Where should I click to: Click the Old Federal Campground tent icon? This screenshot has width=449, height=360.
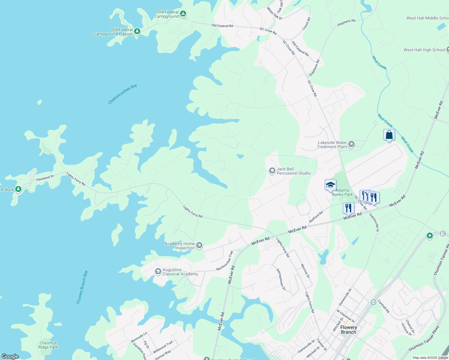click(183, 14)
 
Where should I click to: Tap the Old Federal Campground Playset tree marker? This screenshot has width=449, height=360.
click(137, 31)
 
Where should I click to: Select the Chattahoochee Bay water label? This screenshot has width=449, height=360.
click(122, 94)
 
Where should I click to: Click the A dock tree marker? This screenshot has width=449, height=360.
click(18, 189)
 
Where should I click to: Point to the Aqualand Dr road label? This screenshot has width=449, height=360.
click(45, 178)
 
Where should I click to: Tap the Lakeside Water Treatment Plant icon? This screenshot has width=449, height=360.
click(351, 145)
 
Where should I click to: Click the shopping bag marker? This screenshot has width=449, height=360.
click(389, 135)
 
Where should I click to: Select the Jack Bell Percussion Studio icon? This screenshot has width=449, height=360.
click(272, 171)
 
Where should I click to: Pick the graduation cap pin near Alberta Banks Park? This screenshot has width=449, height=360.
click(330, 185)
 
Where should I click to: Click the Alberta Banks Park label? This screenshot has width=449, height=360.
click(342, 192)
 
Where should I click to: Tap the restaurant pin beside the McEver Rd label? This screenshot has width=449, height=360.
click(348, 208)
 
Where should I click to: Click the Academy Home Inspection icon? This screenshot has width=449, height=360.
click(199, 246)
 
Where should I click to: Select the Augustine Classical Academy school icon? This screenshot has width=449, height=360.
click(158, 272)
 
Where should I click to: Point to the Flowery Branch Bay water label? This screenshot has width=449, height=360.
click(82, 287)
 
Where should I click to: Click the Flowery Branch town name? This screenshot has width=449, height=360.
click(348, 330)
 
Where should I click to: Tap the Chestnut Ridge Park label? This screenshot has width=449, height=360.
click(48, 345)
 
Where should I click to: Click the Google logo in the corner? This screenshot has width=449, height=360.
click(10, 356)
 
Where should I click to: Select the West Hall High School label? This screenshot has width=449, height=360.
click(424, 50)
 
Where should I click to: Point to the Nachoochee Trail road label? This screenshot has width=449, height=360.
click(224, 261)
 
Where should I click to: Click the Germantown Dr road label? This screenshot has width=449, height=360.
click(281, 279)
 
